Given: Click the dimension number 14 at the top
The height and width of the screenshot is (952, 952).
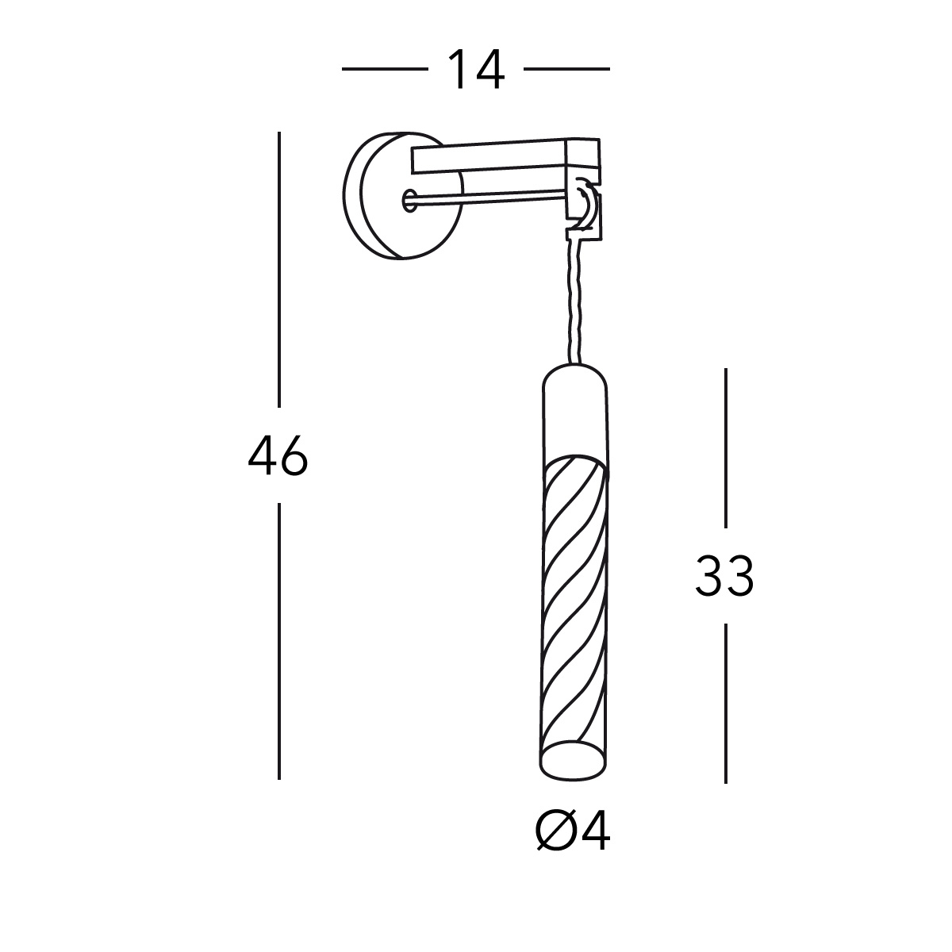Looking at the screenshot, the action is point(476,69).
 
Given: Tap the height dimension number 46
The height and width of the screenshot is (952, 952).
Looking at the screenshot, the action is point(278,457).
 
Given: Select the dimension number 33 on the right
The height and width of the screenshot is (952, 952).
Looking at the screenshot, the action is point(724,576).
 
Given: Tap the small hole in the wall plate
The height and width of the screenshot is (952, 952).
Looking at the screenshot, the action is point(409,200).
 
